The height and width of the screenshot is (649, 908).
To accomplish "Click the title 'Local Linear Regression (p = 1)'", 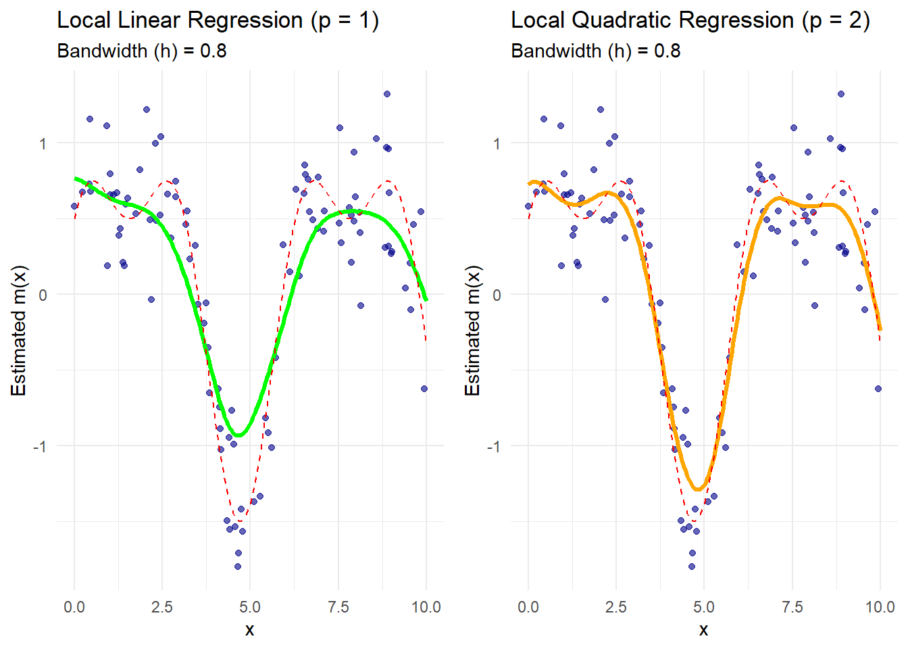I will tap(218, 20).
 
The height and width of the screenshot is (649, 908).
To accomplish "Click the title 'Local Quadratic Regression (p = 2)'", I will tap(690, 20).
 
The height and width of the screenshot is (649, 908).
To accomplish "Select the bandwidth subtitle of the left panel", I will tap(141, 51).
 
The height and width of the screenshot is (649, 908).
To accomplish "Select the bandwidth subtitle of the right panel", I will tap(595, 51).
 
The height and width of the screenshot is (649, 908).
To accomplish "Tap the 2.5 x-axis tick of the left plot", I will tap(162, 606).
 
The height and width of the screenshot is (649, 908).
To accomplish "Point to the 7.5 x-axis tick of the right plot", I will tap(792, 606).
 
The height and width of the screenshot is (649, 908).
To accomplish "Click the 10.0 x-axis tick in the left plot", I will tap(426, 606).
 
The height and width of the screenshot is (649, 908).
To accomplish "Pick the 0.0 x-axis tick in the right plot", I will tap(528, 606).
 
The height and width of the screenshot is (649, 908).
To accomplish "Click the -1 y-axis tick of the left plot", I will tap(41, 446).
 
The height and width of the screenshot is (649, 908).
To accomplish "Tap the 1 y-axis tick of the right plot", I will tap(497, 143).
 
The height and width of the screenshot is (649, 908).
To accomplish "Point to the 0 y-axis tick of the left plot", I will tap(43, 295).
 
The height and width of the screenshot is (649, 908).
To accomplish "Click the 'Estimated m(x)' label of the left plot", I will tap(18, 331).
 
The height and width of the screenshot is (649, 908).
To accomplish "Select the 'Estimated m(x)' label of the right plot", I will tap(472, 331).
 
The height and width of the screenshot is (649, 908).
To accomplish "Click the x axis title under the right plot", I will tap(703, 630).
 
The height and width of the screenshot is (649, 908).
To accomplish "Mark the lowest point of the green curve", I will tap(239, 435).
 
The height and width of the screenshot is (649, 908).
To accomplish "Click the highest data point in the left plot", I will tap(387, 94).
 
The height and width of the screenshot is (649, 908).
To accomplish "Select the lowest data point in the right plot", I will tap(691, 567).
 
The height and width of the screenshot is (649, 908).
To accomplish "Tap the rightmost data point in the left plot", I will tap(424, 389).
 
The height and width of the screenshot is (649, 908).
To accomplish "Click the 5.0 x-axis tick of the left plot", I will tap(250, 606).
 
